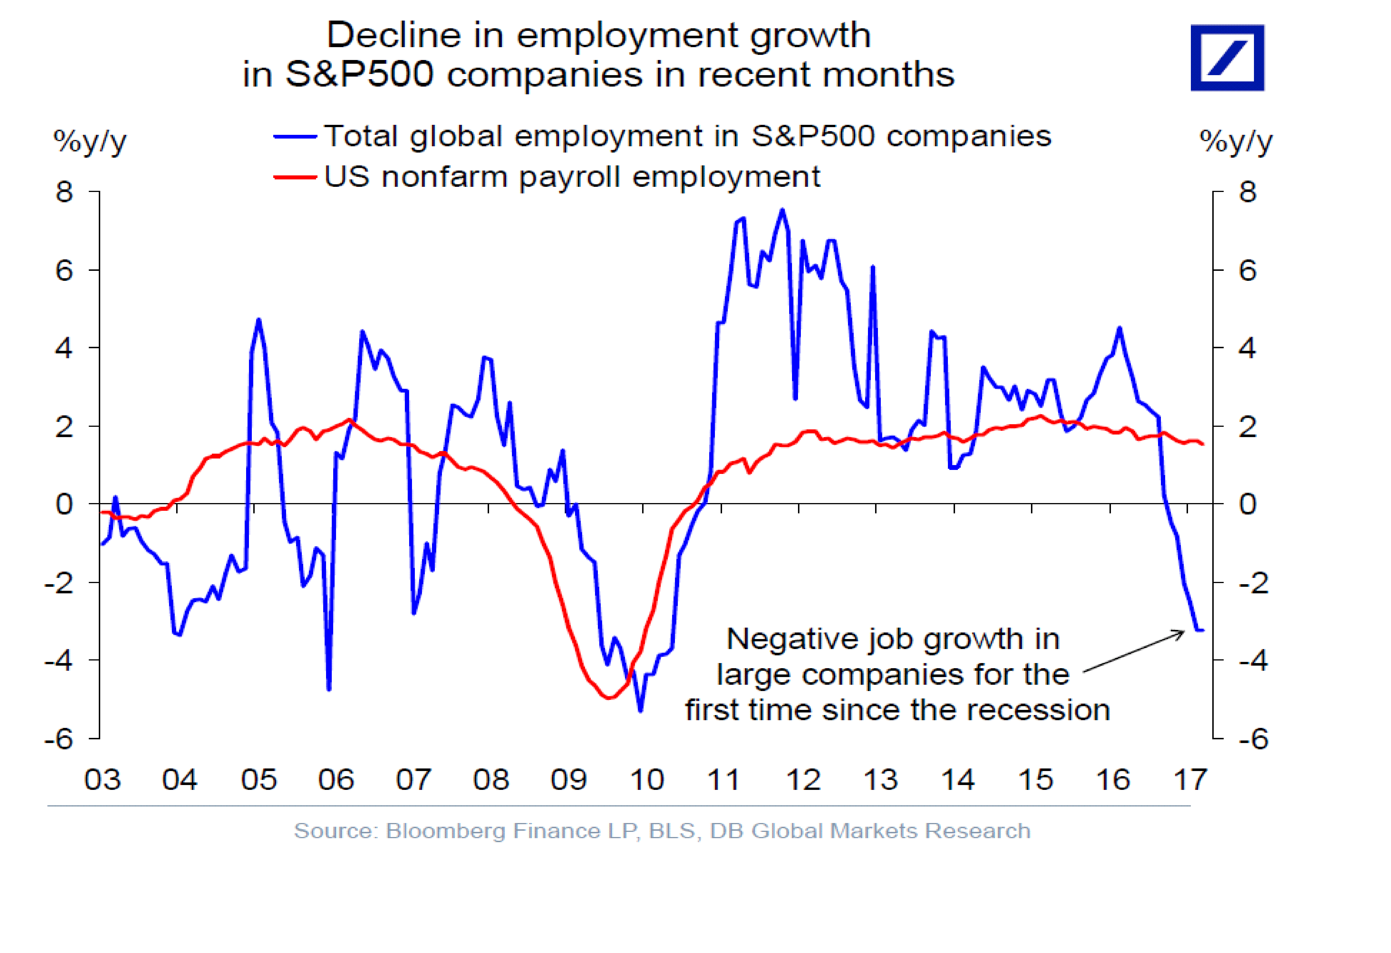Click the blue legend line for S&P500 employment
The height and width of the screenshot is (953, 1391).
tap(294, 137)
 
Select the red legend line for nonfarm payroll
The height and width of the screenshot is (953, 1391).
tap(294, 177)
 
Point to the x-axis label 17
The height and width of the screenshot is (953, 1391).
tap(1190, 779)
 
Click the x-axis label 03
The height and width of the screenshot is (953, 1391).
tap(102, 779)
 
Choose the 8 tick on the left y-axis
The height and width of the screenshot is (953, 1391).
tap(64, 192)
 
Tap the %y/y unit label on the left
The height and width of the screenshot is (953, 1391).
tap(90, 142)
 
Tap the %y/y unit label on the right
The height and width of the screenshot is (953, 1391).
tap(1235, 142)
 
